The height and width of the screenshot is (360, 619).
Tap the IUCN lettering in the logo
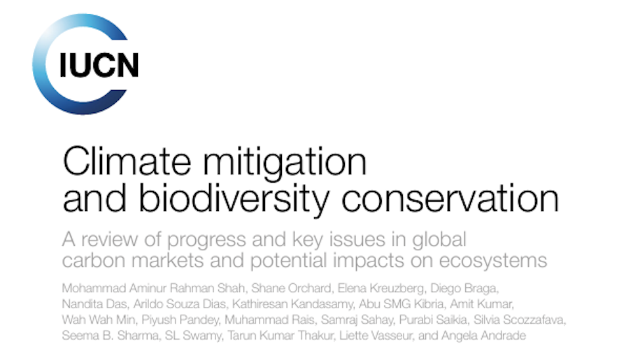click(x=99, y=65)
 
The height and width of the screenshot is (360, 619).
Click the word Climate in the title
click(x=127, y=162)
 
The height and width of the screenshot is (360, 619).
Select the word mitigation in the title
click(x=285, y=164)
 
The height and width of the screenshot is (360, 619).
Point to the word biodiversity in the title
click(x=234, y=200)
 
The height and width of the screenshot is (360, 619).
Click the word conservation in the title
click(x=450, y=198)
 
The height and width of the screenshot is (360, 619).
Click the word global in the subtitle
click(x=439, y=240)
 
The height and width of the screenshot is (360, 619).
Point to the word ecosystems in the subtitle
click(x=493, y=261)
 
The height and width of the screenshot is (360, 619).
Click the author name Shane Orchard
click(x=291, y=288)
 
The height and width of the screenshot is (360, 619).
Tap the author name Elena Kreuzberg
click(x=380, y=288)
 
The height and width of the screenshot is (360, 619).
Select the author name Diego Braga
click(x=464, y=288)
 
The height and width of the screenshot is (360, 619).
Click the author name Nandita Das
click(x=95, y=304)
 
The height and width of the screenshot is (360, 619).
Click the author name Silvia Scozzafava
click(x=518, y=319)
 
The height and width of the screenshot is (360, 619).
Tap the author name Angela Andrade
click(x=484, y=336)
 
